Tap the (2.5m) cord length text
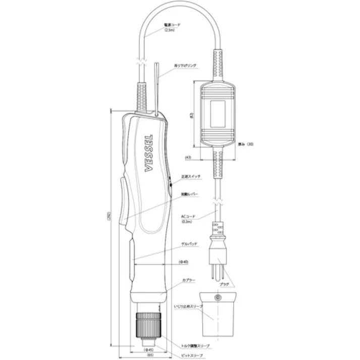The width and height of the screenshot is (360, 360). point(171,30)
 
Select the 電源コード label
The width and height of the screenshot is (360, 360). point(172,24)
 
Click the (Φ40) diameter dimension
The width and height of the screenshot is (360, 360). point(184,262)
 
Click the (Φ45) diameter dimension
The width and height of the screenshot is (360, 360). point(149,349)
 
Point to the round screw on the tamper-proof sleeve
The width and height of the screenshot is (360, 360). point(218,297)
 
